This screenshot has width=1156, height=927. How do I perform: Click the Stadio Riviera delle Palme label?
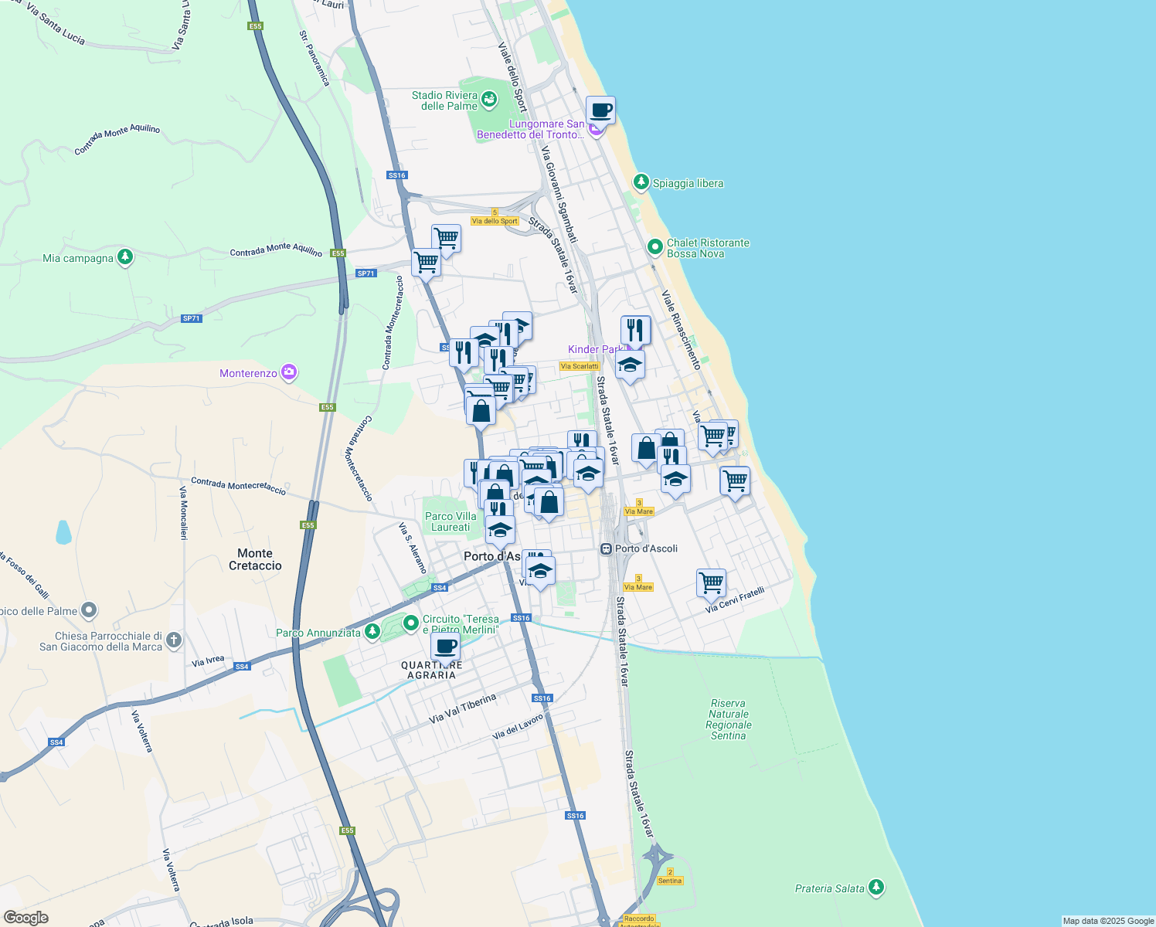(444, 100)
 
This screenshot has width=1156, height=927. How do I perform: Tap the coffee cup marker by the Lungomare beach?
(600, 110)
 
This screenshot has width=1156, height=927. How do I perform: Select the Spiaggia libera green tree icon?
(641, 182)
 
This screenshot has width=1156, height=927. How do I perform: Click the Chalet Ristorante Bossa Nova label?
(708, 248)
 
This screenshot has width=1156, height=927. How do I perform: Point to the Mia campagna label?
(78, 258)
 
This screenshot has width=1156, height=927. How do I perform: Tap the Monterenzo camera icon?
(289, 373)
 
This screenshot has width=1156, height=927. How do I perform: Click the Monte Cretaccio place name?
(255, 559)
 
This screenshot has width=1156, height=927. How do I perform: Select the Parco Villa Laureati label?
(450, 521)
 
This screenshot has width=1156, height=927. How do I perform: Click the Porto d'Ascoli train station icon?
(607, 548)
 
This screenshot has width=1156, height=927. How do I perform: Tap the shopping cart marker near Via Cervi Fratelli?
(711, 582)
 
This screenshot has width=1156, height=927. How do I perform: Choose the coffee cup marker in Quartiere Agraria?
(445, 647)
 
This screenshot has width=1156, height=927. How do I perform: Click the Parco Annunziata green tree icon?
(372, 632)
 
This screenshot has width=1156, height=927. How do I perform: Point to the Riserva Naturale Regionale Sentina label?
(728, 719)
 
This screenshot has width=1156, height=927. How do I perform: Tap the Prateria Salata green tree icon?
(875, 888)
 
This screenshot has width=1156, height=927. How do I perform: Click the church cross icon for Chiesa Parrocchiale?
(174, 640)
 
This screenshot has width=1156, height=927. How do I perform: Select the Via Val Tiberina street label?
(462, 708)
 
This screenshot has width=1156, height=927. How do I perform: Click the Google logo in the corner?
(25, 918)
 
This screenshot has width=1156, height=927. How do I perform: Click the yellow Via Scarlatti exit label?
(580, 366)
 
